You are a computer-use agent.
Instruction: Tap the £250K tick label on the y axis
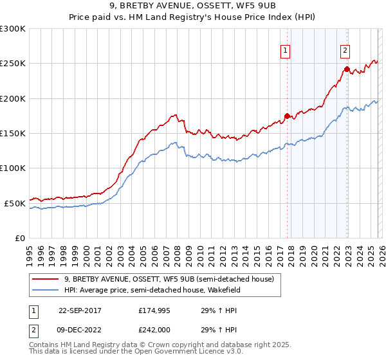tap(13, 64)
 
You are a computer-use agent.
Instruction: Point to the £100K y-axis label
tap(13, 168)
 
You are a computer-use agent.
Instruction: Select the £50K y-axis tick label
tap(15, 203)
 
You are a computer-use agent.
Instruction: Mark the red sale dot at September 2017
tap(287, 116)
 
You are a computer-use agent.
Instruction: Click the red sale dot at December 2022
tap(347, 69)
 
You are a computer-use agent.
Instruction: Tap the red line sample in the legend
tap(46, 279)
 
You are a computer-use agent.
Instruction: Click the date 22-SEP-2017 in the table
tap(80, 310)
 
